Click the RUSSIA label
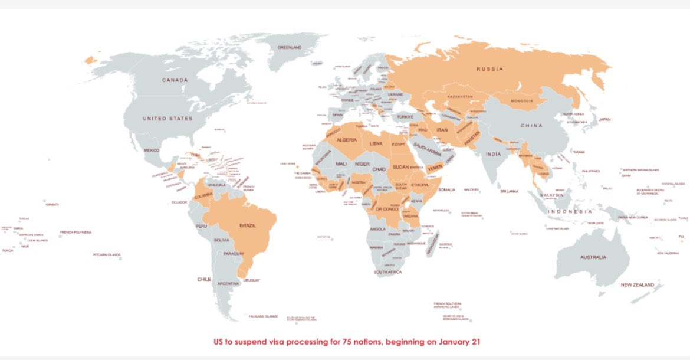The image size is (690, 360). coord(490,69)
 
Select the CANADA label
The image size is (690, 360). coord(175,80)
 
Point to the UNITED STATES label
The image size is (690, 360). coord(167,119)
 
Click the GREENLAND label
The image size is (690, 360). coord(290,47)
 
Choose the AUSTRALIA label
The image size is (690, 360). coord(593,257)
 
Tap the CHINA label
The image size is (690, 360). coord(531,126)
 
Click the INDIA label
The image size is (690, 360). coord(493,154)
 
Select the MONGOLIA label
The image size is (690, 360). coord(522,101)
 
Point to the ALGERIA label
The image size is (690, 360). coord(347,140)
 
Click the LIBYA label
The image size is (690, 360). coord(376,143)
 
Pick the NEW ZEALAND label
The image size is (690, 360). coord(637,285)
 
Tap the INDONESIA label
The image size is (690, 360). coord(570,211)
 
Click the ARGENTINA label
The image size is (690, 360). coord(228,284)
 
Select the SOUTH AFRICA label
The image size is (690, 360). coord(388,272)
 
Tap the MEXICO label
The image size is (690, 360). coord(152,150)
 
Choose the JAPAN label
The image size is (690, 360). coord(604,119)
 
